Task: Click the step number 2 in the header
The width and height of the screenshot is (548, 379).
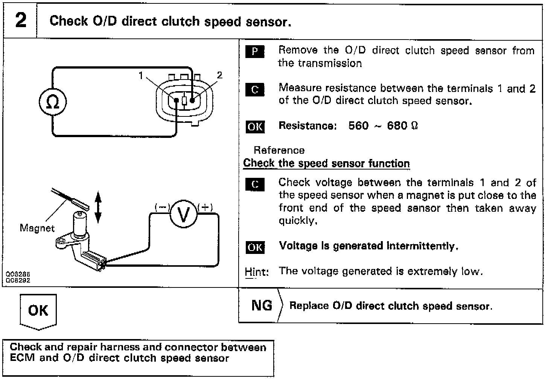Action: tap(21, 20)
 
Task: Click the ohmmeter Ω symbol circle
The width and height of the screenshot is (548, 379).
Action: tap(53, 102)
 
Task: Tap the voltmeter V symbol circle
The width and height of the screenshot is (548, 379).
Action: tap(183, 215)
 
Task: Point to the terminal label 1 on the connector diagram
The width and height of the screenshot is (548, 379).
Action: tap(141, 76)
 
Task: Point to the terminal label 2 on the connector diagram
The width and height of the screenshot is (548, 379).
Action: tap(219, 75)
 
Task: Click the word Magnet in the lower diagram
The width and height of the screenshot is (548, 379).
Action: tap(37, 228)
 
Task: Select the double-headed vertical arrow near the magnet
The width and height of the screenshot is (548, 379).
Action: tap(98, 207)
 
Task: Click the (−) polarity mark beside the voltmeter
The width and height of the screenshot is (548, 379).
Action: tap(162, 207)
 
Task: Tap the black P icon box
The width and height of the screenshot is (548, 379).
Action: tap(254, 51)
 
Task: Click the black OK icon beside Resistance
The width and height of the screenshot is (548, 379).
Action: tap(255, 127)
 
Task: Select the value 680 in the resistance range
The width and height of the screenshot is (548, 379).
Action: tap(397, 125)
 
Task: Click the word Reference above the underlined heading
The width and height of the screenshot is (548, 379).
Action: tap(279, 150)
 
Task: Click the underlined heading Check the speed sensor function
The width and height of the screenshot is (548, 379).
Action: tap(326, 164)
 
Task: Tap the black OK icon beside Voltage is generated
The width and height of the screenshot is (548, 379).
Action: tap(255, 247)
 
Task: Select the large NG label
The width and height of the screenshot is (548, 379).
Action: tap(262, 305)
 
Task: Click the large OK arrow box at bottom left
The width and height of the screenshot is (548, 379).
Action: tap(38, 311)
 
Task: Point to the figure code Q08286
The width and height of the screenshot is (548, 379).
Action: tap(18, 275)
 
